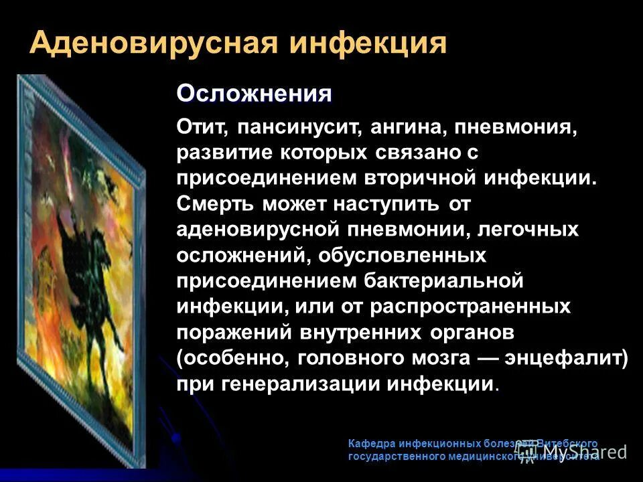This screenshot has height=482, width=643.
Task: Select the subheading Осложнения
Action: point(254,94)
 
